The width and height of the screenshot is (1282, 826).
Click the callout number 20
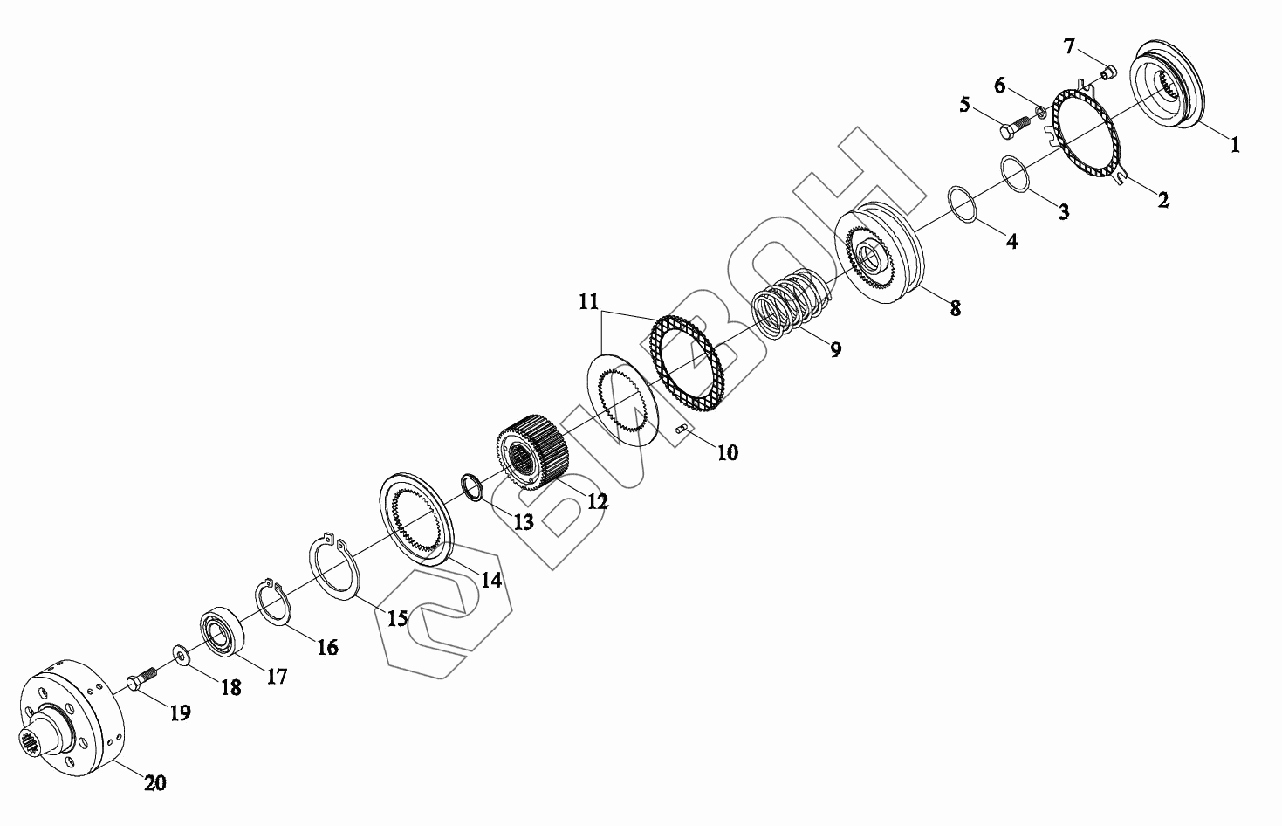155,782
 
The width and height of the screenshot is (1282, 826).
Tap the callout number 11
588,301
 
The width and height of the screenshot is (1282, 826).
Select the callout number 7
1069,45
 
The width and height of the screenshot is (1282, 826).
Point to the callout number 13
523,521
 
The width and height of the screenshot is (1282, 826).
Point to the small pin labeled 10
682,429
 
